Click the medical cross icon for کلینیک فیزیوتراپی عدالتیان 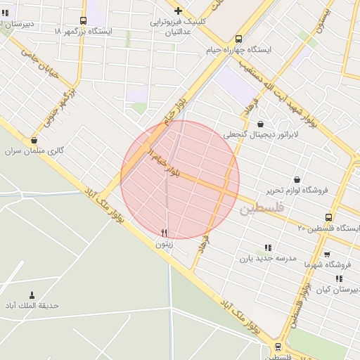[179, 11]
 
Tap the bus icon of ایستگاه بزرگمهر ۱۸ [84, 20]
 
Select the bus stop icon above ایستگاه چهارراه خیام [238, 39]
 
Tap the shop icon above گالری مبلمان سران [34, 140]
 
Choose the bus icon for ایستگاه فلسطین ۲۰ [329, 217]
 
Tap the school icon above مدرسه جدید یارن [267, 247]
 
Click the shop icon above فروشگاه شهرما [326, 254]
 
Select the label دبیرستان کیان [335, 289]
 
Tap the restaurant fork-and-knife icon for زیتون [165, 233]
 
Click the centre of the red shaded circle [180, 179]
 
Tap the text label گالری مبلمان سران [35, 151]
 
